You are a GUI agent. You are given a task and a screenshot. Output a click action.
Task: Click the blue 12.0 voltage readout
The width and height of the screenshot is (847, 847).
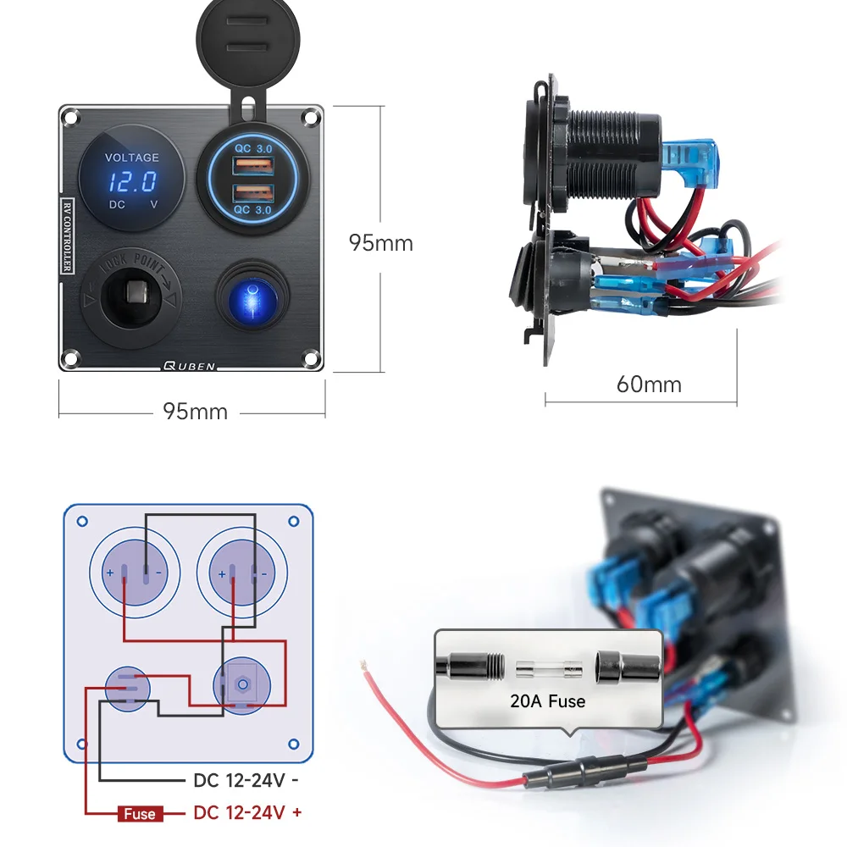132,181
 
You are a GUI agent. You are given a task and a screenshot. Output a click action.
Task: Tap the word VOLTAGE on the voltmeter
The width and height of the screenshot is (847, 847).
131,158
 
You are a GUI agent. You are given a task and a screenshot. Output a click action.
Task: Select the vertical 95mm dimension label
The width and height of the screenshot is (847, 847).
381,243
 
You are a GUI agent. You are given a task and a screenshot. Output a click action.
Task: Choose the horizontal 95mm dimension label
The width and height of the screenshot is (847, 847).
195,412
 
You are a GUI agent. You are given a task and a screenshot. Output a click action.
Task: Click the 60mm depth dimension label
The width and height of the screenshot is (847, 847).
649,385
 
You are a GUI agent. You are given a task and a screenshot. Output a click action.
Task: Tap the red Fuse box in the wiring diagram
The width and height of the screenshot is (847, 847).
139,814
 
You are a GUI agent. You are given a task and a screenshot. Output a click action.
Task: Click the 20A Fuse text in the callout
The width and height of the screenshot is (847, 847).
548,700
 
